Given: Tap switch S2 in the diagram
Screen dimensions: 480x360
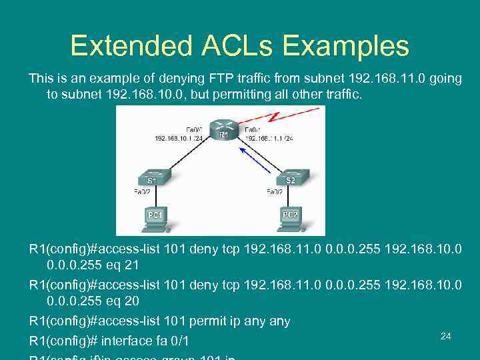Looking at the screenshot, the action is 291,177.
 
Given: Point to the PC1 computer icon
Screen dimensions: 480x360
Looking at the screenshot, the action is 155,217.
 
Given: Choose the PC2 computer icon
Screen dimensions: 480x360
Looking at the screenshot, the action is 291,217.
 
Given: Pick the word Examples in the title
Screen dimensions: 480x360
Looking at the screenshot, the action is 345,46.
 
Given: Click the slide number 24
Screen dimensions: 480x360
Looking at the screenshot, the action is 446,336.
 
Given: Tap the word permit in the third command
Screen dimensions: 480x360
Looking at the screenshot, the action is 209,321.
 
